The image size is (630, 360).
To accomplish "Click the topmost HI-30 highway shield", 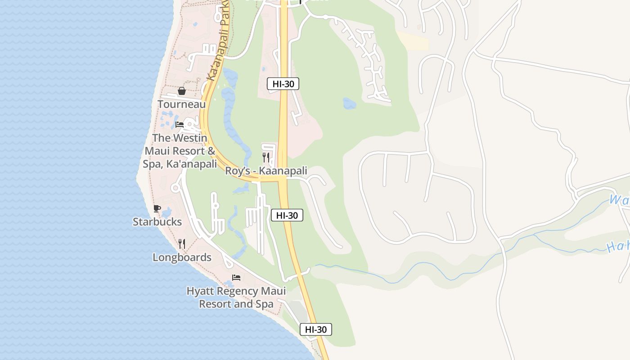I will tap(283, 84).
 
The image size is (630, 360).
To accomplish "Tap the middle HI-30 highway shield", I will tap(287, 216).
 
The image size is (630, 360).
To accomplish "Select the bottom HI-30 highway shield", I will tap(316, 329).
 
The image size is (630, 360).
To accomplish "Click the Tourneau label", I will tap(181, 104).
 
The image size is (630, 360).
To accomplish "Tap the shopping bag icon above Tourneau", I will tap(182, 91).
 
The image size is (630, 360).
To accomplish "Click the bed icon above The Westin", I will tap(180, 124).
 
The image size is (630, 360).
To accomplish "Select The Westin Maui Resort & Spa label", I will tap(180, 151).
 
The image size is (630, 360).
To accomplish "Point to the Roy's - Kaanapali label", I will tap(266, 171).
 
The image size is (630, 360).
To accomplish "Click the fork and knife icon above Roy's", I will tap(266, 157).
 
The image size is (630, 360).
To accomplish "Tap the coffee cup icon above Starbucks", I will tap(157, 208).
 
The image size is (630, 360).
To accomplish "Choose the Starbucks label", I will tap(157, 222).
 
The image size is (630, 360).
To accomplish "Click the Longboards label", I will tap(182, 257).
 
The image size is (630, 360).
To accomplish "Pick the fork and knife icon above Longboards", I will tap(182, 244).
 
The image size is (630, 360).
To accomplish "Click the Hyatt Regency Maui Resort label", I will tap(236, 297).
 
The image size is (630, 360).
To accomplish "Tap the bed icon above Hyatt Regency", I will tap(236, 278).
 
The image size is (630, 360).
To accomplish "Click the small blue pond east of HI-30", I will tap(349, 103).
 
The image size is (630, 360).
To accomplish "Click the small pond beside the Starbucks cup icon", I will tap(166, 211).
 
